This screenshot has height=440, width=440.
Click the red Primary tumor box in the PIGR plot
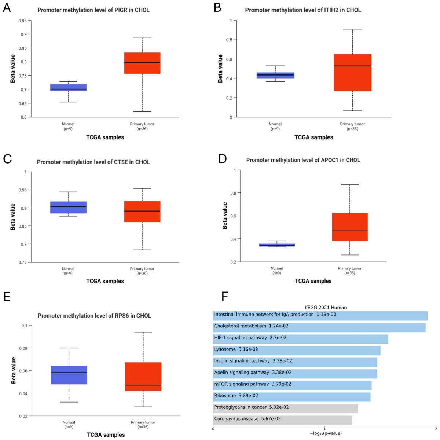click(x=142, y=63)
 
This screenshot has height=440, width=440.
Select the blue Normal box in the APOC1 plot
click(x=276, y=245)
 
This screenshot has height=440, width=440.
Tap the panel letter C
click(x=7, y=159)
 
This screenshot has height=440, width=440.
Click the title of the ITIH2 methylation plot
click(x=303, y=10)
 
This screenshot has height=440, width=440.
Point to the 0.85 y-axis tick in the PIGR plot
click(x=23, y=48)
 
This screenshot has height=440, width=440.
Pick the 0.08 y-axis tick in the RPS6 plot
click(x=24, y=348)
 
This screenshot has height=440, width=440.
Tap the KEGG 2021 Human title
click(x=325, y=308)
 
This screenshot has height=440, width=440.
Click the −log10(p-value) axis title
click(x=325, y=433)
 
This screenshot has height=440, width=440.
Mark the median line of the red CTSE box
click(x=142, y=211)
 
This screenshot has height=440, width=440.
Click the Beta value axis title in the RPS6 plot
click(x=14, y=370)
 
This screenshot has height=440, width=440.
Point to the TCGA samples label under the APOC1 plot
click(x=313, y=281)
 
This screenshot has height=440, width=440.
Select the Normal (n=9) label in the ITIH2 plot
click(x=275, y=126)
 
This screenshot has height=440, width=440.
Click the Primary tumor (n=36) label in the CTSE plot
click(x=142, y=271)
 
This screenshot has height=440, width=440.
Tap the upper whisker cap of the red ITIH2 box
click(x=352, y=29)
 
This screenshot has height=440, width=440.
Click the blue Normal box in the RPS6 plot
click(x=69, y=375)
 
